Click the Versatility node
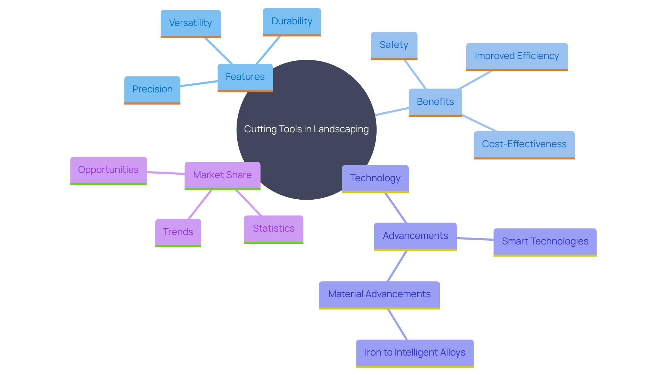tap(190, 23)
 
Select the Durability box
tap(292, 22)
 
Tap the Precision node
tap(152, 90)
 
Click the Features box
tap(245, 77)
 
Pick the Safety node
tap(394, 45)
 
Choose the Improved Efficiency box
tap(517, 56)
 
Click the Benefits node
tap(435, 102)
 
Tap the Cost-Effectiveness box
tap(524, 144)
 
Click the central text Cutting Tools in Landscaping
tap(306, 129)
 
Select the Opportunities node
tap(108, 170)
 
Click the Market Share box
tap(222, 175)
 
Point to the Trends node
tap(178, 232)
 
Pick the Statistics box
tap(273, 229)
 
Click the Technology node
tap(375, 178)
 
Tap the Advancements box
tap(415, 236)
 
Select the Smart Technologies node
tap(545, 242)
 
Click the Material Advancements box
tap(379, 294)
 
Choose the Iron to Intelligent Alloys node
tap(415, 353)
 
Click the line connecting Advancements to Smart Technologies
tap(475, 239)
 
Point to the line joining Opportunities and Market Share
tap(165, 173)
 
